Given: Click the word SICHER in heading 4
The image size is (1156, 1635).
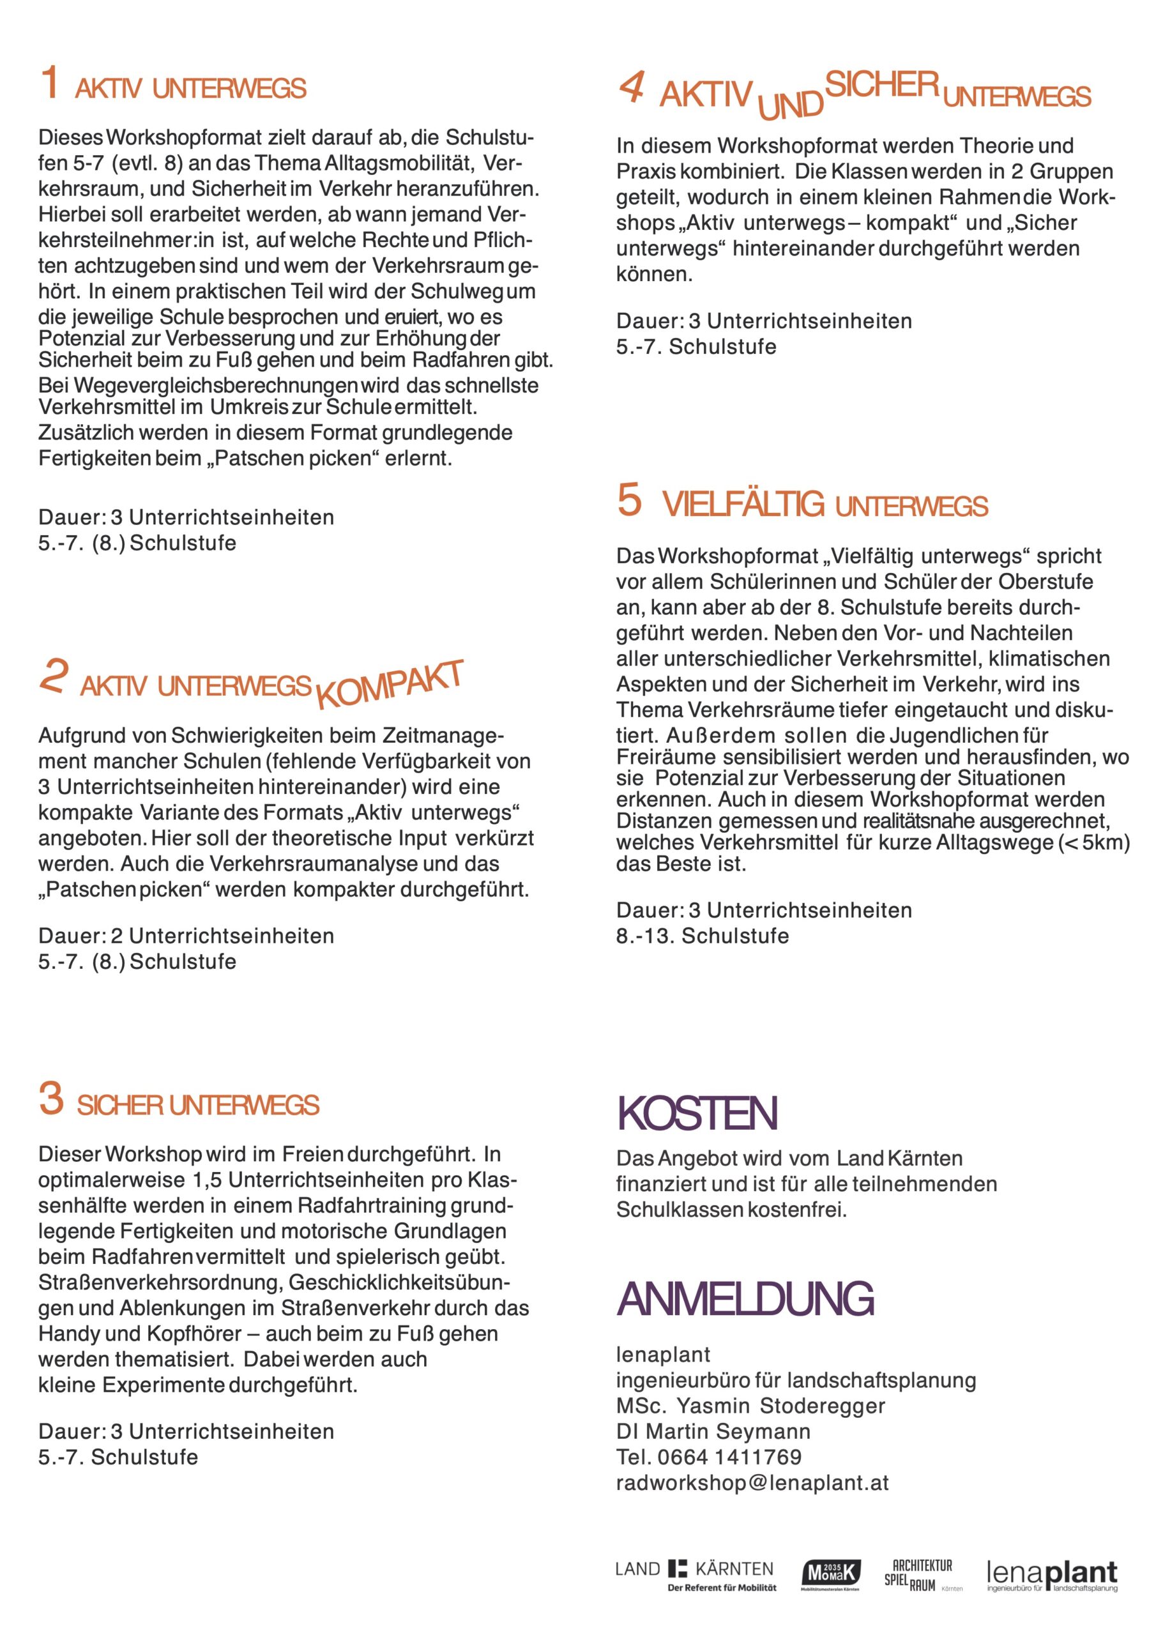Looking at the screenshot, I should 881,85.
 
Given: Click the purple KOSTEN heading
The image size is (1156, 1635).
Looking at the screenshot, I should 697,1114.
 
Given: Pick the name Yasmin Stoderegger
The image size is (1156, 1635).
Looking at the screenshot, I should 780,1406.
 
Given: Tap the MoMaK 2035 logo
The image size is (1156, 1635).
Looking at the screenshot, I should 830,1574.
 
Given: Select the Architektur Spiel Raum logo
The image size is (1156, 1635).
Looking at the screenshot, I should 920,1575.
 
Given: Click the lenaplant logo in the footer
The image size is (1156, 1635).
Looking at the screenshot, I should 1052,1575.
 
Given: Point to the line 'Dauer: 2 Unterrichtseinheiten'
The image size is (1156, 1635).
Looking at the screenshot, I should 186,936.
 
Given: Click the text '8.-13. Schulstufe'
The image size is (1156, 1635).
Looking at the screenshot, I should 703,936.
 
